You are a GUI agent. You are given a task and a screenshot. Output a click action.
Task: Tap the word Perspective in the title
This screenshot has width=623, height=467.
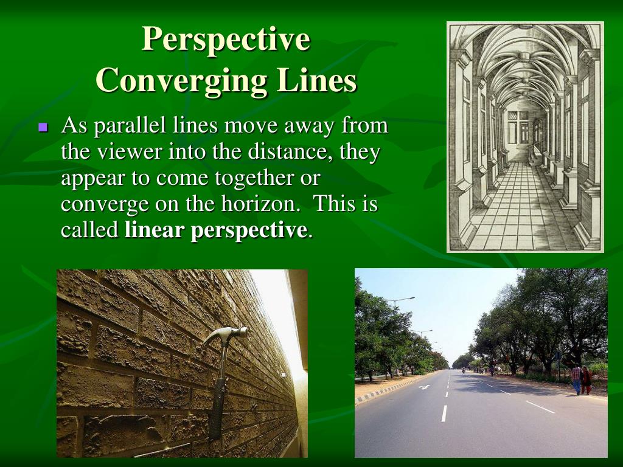tap(226, 39)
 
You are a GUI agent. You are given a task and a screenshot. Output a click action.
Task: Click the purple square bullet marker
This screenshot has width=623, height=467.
tap(43, 128)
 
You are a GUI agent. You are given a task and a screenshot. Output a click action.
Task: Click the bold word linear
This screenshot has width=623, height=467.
tap(155, 230)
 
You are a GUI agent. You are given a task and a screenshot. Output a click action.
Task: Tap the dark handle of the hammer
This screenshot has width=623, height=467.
tap(217, 401)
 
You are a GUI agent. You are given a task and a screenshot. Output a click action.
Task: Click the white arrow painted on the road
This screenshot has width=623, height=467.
tap(423, 387)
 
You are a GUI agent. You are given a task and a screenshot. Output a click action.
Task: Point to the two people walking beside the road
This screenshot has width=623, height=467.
tap(580, 379)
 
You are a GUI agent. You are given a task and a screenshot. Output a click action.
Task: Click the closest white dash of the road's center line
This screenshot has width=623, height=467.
tap(444, 413)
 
